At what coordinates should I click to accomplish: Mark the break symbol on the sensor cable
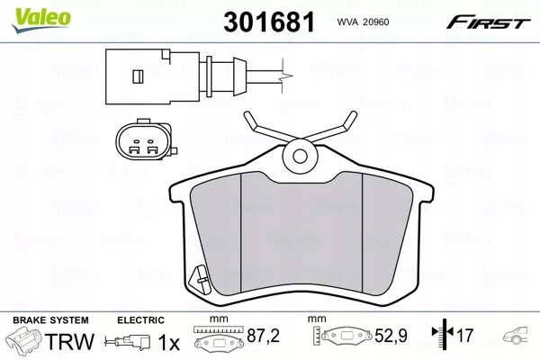[283, 68]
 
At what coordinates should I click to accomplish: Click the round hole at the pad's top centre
[296, 158]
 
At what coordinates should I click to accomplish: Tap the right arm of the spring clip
[334, 128]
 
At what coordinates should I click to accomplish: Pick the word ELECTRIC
[139, 319]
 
